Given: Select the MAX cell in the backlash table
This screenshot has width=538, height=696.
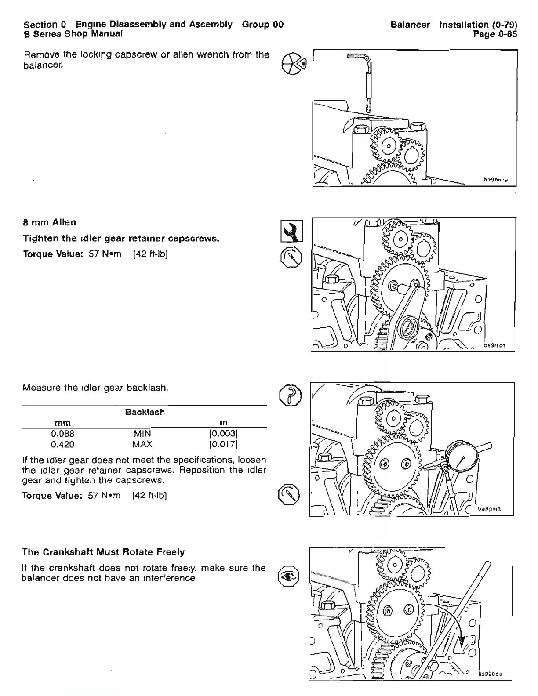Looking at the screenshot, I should point(142,444).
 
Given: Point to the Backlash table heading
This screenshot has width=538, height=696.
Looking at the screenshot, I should point(145,412).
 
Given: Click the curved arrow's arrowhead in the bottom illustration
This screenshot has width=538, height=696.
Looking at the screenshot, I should point(461,642).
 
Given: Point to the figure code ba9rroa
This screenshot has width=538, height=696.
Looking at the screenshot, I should point(494,345).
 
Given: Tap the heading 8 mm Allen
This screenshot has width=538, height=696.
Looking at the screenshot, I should point(49,222).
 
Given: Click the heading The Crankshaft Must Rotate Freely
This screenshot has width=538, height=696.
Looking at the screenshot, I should point(103,552).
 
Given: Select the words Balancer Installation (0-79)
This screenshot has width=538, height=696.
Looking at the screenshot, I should point(454,25).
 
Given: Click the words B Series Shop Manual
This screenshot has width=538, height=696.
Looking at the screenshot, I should point(73,34).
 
